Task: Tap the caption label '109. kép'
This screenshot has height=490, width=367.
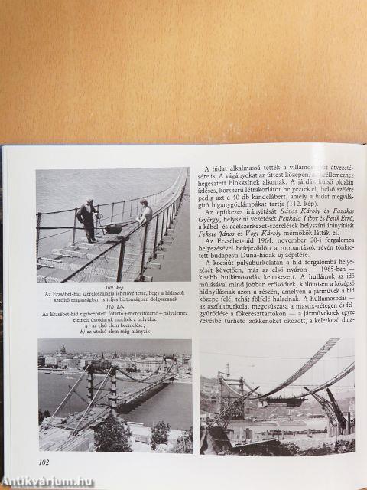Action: [113, 286]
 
